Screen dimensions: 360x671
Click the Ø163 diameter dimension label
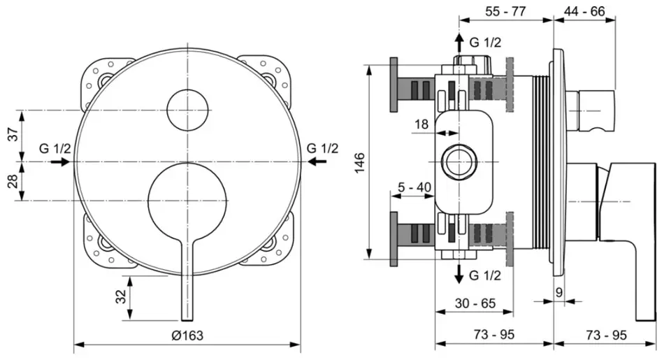(187, 335)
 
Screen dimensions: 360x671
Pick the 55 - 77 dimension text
(505, 10)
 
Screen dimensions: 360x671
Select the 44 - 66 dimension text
(584, 10)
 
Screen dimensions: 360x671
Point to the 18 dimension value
(421, 124)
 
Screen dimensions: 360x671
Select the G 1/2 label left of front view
(55, 148)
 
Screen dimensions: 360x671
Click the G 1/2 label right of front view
(322, 148)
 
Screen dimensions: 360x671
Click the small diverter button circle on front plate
(187, 110)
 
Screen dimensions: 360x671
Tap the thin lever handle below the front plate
(187, 280)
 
